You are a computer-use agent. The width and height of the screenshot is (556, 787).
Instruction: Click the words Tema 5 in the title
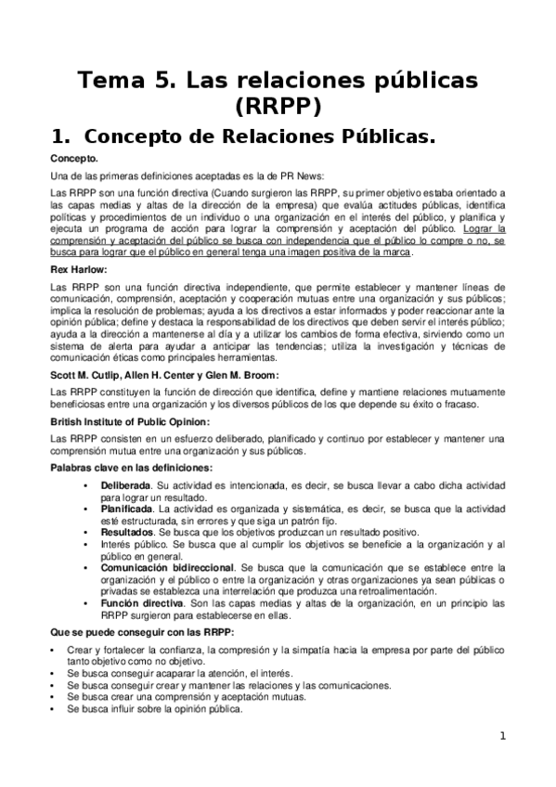126,81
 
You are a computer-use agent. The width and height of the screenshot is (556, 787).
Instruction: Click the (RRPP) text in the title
278,106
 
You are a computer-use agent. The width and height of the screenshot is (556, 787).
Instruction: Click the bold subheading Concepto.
75,159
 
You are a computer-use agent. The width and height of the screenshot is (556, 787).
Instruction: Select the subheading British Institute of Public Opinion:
130,422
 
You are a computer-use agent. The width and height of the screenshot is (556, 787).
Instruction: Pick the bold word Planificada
125,510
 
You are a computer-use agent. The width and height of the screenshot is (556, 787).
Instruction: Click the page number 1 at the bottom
502,737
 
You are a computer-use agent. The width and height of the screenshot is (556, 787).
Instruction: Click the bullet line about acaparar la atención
179,674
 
